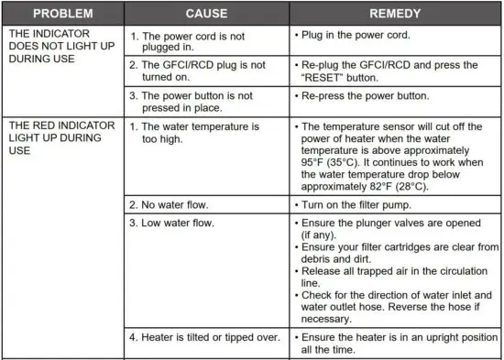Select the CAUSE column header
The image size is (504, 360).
206,15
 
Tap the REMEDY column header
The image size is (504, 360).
395,15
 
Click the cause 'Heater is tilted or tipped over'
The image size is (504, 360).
203,337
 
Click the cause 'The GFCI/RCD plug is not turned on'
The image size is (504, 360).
195,71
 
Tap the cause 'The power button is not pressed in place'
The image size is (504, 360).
193,100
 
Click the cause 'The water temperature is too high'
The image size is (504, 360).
194,130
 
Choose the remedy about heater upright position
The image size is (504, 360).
394,343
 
